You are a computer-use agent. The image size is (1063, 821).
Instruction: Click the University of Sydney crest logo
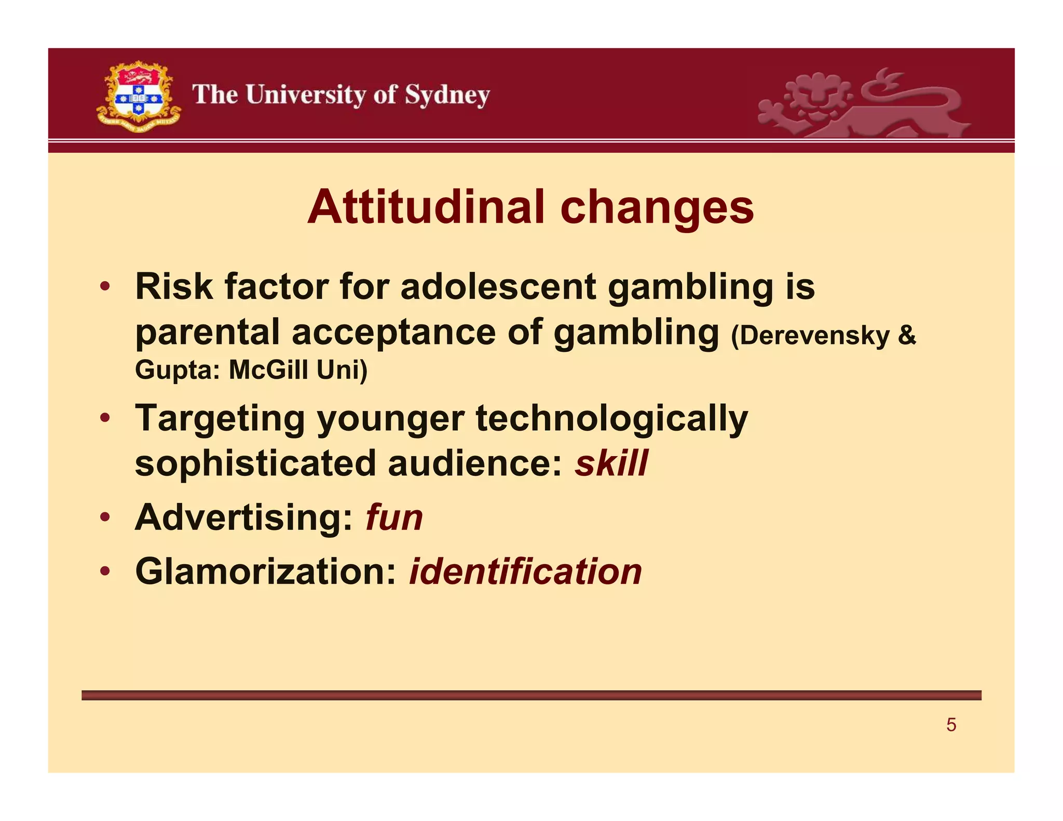(139, 97)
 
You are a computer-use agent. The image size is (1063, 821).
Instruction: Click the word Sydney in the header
(447, 95)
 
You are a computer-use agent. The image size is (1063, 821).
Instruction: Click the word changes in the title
(657, 207)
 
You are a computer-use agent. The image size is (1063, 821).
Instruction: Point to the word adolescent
(498, 286)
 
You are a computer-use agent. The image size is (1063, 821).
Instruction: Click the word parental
(207, 332)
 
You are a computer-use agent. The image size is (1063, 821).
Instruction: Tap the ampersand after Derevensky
(907, 335)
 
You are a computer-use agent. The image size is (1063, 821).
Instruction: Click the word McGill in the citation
(268, 370)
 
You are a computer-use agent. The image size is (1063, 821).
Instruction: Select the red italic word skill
(611, 463)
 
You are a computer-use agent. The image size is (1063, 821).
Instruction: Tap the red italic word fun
(394, 517)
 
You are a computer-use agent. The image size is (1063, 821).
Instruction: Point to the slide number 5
(951, 724)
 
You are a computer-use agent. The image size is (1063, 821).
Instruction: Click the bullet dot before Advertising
(105, 517)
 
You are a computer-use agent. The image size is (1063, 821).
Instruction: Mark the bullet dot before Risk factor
(105, 286)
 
